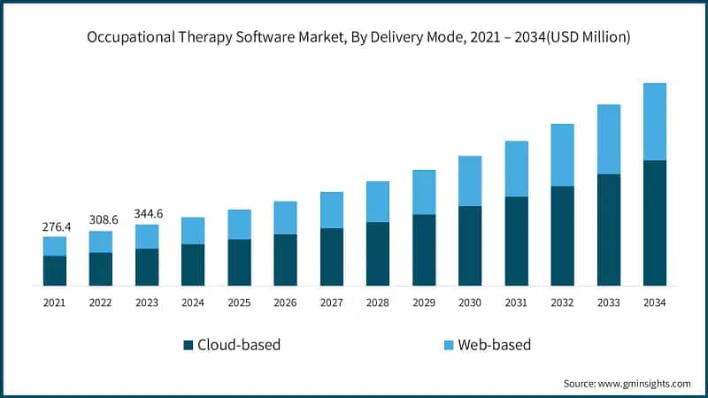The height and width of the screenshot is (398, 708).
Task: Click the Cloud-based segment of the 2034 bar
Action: [655, 223]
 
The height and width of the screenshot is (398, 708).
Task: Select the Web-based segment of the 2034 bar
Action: [655, 121]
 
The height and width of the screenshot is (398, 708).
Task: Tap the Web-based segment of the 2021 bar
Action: [55, 246]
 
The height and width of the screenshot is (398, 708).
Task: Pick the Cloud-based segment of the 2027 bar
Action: [332, 256]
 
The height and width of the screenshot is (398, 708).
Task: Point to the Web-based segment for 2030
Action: [470, 180]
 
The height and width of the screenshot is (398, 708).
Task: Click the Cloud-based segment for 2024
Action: [193, 264]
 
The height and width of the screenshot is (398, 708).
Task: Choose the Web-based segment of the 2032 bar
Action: [562, 155]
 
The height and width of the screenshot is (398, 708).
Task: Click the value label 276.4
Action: [55, 227]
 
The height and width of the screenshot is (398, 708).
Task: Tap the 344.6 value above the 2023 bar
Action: [147, 215]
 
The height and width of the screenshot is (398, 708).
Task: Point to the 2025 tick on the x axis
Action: [239, 302]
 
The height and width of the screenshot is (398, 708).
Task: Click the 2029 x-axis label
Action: [424, 302]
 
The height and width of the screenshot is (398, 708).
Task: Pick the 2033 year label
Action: [608, 302]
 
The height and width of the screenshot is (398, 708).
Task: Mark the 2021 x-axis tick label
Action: [55, 302]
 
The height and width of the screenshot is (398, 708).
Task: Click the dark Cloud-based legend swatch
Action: [188, 345]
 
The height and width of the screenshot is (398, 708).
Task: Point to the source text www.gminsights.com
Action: [643, 383]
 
